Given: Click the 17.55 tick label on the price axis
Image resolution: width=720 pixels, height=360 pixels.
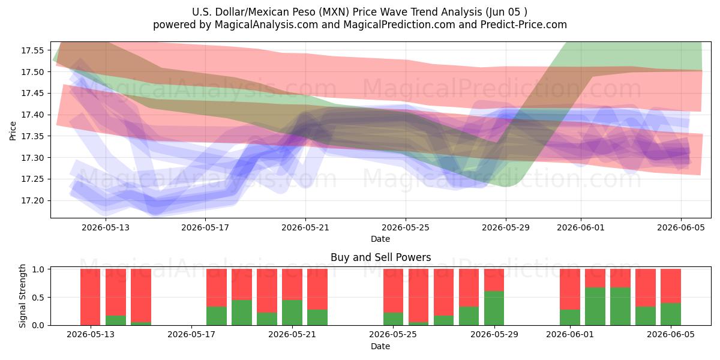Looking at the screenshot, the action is pos(32,50).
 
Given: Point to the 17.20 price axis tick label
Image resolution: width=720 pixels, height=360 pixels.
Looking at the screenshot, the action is pos(32,201).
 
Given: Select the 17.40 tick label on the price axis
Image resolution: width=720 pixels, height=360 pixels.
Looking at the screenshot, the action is pos(32,115).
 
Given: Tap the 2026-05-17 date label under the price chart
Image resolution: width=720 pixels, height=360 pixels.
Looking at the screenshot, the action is pos(205,228).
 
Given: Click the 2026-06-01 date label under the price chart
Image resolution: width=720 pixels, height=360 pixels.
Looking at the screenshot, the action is pos(581,228).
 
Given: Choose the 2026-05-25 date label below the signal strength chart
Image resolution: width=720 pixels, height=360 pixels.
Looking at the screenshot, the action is pos(393,335).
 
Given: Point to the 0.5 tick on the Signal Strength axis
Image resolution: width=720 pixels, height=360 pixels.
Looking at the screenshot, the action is pos(38,298).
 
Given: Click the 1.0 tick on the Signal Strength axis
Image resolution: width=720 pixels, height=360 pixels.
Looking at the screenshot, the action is pos(38,269).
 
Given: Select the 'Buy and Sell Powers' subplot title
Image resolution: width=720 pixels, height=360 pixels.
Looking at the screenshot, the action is pos(380,257).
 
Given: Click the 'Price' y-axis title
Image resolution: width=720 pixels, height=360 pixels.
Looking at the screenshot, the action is pos(13,131).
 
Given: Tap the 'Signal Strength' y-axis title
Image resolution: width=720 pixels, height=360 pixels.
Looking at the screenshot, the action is pos(22,296).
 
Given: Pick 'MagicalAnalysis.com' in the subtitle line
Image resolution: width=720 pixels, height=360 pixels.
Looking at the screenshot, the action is pos(266,25).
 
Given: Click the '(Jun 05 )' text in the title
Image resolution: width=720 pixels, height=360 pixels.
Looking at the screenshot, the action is pos(506,12).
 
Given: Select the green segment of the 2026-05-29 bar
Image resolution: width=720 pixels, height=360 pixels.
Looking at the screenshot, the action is pos(494,308).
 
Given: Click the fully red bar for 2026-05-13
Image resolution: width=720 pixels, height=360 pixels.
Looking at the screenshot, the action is pos(91,298).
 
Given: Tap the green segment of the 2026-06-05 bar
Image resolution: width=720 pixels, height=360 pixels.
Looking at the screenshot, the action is pos(671,314).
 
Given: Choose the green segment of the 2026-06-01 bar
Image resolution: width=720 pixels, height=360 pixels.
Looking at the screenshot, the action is pos(570,317).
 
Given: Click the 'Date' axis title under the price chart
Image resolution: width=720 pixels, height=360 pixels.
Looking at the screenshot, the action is pos(380,239).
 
